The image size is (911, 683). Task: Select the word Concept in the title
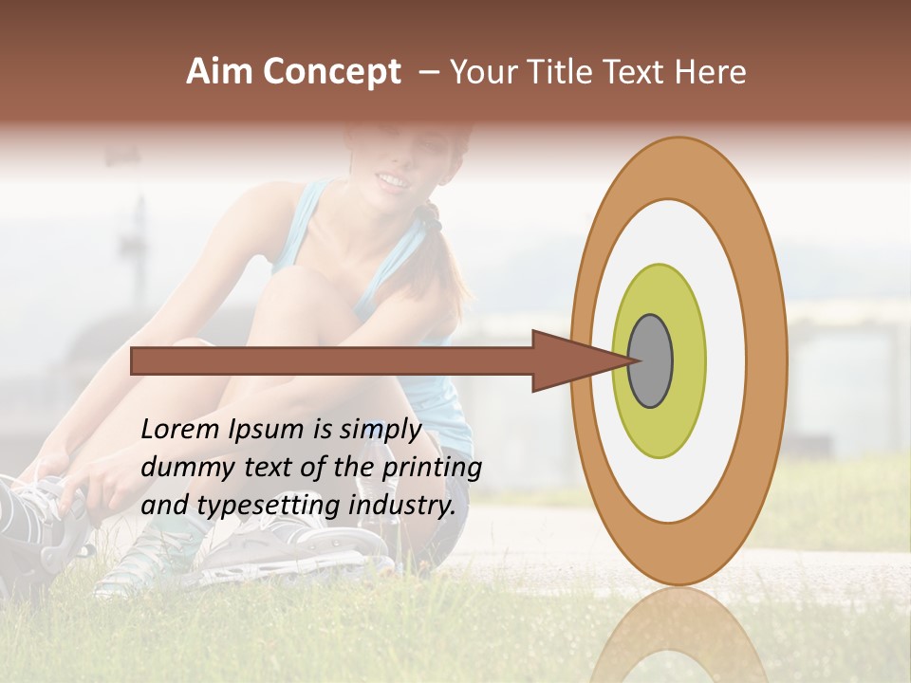332,73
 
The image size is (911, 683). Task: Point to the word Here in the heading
711,72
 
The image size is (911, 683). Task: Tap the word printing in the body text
436,469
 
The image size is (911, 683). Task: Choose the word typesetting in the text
251,507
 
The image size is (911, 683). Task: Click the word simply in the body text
376,431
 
